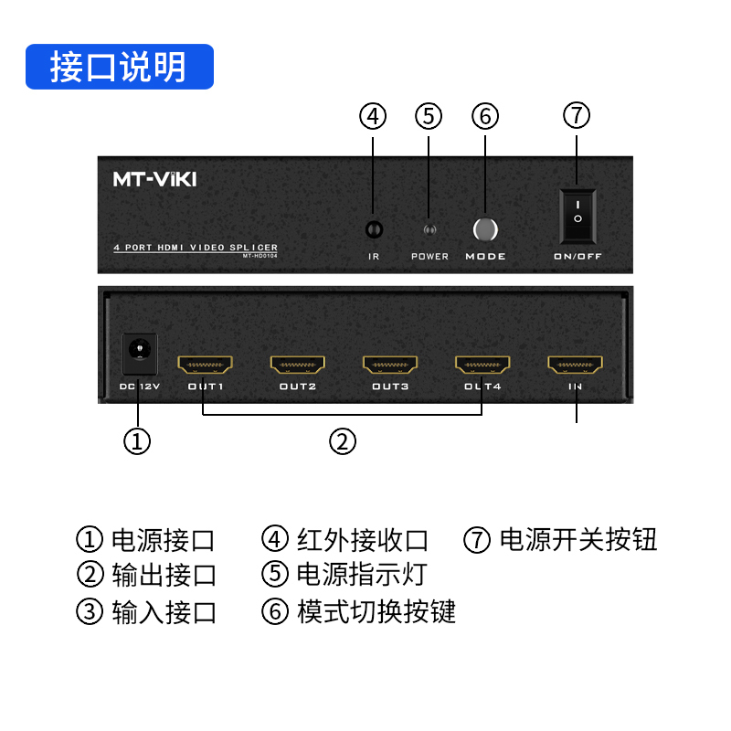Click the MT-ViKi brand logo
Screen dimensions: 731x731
point(154,179)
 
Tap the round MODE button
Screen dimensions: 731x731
point(485,229)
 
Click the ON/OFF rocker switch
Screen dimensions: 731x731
point(577,217)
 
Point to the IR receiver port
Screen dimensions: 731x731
point(373,229)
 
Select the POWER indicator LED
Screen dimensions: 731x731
point(429,230)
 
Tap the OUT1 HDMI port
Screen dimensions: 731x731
point(206,365)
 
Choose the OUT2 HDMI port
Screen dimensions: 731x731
point(298,365)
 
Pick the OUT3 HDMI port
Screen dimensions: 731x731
point(390,365)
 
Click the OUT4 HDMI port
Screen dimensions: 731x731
point(483,365)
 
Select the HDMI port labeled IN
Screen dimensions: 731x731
point(576,365)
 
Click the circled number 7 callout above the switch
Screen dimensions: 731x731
point(577,116)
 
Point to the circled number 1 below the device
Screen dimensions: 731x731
point(137,441)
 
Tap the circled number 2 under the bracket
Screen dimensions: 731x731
point(342,441)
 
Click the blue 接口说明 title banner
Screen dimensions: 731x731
point(120,68)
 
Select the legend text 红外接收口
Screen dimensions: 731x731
point(362,540)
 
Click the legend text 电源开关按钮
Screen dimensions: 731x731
point(577,539)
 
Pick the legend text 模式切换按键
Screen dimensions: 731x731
point(376,610)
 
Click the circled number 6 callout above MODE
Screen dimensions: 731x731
point(485,116)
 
